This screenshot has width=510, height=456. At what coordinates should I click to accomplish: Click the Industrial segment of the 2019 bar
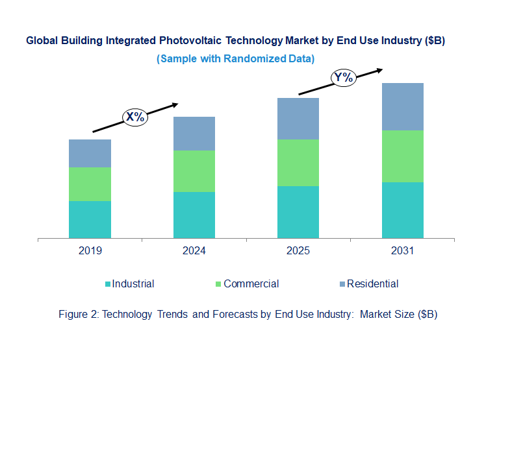[90, 219]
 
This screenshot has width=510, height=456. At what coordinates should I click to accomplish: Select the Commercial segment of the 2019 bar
[90, 184]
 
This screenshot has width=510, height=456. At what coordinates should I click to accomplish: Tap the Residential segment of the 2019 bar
[90, 153]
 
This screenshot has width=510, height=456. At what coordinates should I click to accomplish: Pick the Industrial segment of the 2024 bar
[194, 215]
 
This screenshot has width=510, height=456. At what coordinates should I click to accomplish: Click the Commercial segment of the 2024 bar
[194, 171]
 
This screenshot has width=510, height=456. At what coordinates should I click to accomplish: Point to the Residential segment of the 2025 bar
[298, 119]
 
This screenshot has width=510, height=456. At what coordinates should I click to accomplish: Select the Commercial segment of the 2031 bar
[402, 156]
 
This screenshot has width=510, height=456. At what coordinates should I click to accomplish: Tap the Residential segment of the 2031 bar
[402, 106]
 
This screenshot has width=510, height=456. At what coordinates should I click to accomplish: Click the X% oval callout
[135, 117]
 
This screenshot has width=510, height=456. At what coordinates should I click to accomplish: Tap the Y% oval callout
[343, 78]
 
